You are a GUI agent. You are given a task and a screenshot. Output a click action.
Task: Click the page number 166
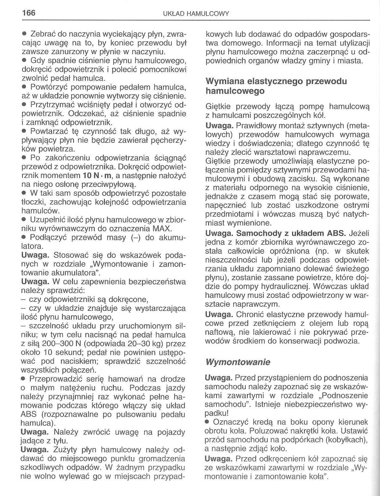point(29,13)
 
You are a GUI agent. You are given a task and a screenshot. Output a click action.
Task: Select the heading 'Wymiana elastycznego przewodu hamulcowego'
point(276,86)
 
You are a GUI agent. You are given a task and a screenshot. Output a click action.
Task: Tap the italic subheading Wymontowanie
point(238,362)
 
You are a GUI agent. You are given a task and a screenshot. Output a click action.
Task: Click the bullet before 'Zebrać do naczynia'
point(24,34)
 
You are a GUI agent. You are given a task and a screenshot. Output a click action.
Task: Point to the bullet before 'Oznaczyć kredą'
point(207,422)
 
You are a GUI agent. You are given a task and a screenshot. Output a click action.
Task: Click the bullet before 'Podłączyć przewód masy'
point(24,237)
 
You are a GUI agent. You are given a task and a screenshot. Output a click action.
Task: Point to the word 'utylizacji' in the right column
point(355,43)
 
